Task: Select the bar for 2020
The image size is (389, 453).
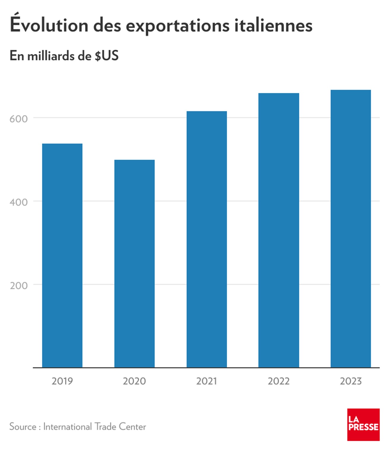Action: click(135, 264)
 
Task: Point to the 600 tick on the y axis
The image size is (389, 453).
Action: click(19, 119)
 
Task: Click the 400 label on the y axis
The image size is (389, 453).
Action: click(19, 202)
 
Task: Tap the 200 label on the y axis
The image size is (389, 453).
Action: click(19, 285)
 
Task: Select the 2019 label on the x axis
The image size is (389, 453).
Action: click(62, 381)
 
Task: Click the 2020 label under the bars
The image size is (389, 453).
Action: click(135, 381)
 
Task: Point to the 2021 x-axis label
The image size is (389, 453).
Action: click(207, 381)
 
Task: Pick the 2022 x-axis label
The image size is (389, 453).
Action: click(279, 381)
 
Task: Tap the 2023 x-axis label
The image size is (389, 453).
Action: click(351, 381)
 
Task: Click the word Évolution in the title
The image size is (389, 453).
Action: click(49, 25)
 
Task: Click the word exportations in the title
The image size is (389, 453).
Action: click(178, 25)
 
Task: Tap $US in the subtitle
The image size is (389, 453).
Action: click(107, 56)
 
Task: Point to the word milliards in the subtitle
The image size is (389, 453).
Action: click(51, 56)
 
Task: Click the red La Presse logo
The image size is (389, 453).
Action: click(363, 424)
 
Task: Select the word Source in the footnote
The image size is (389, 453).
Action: click(23, 426)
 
